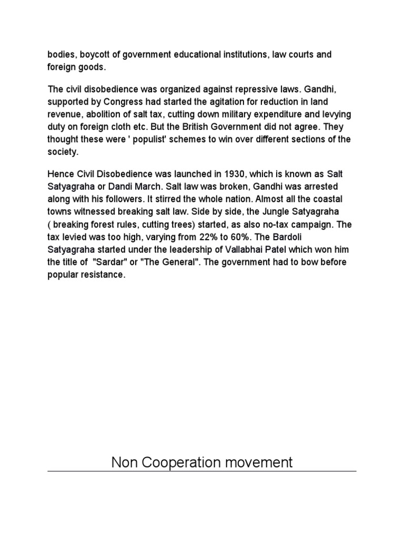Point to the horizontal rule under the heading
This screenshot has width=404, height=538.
202,471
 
